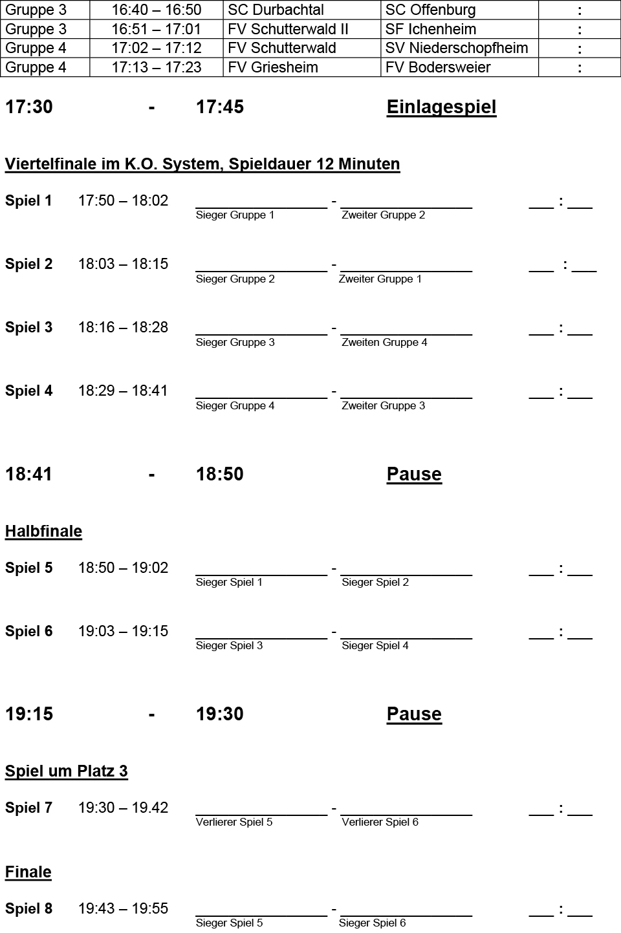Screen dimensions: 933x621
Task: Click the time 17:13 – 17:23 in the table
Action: tap(157, 67)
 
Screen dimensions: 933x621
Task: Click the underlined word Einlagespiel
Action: tap(441, 107)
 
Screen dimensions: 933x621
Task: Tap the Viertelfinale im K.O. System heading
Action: tap(202, 164)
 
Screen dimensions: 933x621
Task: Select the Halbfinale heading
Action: tap(43, 531)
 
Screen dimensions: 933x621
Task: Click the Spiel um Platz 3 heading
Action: tap(66, 771)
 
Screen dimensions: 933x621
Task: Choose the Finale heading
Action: tap(28, 872)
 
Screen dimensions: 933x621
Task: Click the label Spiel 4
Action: tap(28, 391)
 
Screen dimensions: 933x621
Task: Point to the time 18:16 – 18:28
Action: tap(123, 328)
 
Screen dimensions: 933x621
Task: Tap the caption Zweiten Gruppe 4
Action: tap(384, 343)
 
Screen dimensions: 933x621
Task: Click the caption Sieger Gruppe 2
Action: tap(235, 279)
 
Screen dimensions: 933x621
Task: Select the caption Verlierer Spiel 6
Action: tap(380, 822)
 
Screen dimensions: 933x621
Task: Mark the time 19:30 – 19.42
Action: tap(123, 808)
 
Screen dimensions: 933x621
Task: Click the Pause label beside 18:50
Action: tap(414, 475)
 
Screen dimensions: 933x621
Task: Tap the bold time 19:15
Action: tap(29, 714)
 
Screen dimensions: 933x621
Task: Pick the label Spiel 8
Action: tap(28, 909)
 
